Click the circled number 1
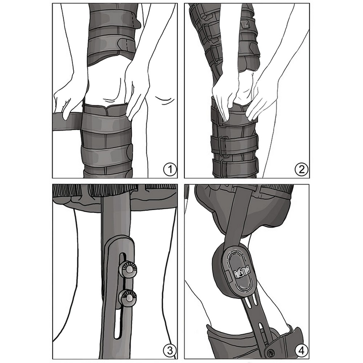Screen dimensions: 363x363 point(170,170)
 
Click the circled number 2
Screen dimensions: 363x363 point(302,170)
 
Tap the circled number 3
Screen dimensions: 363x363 point(170,350)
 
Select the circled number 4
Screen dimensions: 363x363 point(302,350)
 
